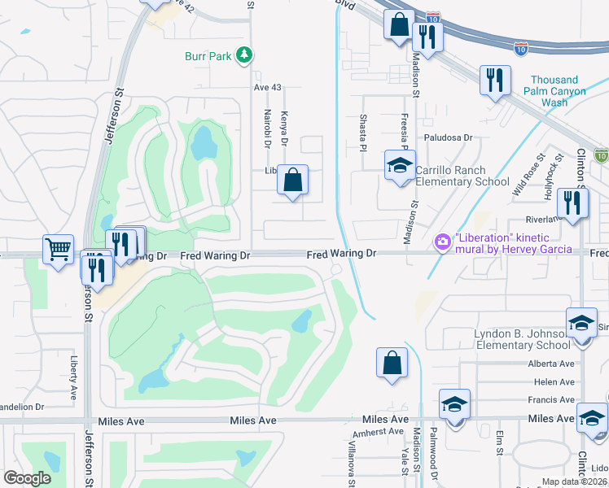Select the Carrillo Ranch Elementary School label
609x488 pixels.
[463, 176]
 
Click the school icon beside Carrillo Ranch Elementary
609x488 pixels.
[399, 167]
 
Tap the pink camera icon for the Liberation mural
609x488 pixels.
[443, 242]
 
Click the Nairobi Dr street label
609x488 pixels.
[266, 129]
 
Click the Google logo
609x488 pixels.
[27, 477]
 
